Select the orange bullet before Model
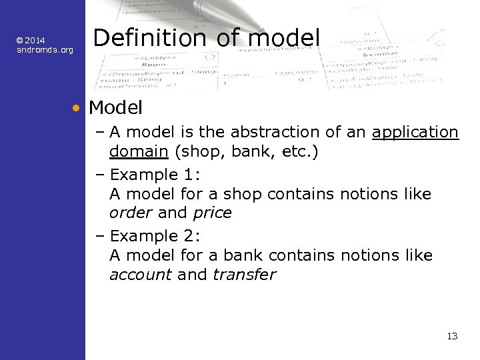[78, 107]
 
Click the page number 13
[452, 336]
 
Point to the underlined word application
[415, 133]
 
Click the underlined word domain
[138, 152]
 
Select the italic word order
[131, 213]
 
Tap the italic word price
[212, 213]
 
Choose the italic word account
[140, 275]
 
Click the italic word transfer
[244, 275]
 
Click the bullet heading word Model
[115, 107]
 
